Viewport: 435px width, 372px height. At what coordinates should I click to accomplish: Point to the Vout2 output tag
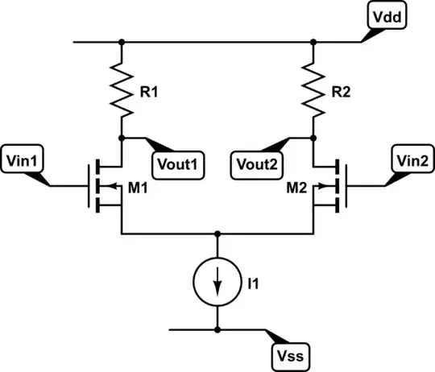[258, 163]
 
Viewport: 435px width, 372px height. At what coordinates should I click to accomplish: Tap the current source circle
[217, 283]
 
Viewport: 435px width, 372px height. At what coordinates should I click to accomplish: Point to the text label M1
[139, 189]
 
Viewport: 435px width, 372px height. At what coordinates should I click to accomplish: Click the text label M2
[296, 189]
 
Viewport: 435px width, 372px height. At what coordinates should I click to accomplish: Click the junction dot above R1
[121, 41]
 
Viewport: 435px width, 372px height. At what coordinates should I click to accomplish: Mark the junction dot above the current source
[217, 234]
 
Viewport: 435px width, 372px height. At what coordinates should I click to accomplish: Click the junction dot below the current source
[217, 330]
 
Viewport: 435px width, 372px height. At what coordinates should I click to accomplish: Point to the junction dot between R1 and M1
[121, 138]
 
